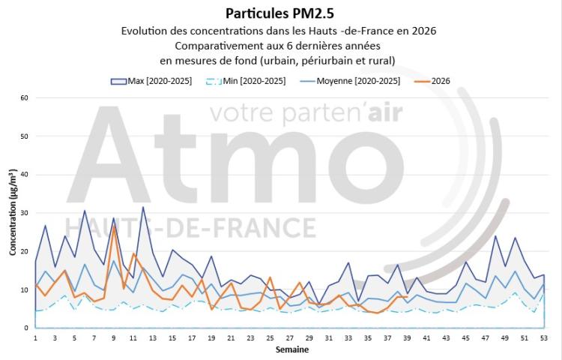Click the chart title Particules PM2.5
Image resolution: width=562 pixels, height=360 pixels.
coord(280,13)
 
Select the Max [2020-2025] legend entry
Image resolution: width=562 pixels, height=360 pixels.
coord(151,81)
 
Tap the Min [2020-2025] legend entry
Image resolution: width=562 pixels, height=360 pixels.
coord(246,81)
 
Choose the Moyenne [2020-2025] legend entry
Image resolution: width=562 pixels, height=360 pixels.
coord(350,81)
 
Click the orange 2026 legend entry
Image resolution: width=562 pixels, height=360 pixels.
coord(432,81)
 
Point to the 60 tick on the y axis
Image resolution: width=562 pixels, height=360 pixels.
coord(25,98)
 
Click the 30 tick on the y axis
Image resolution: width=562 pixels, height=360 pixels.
coord(25,213)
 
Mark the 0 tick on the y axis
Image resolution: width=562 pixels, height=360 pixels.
coord(25,328)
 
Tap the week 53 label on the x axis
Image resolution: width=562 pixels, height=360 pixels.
coord(544,338)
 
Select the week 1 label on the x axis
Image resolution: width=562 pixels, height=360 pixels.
coord(35,338)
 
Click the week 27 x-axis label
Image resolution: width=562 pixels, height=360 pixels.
coord(289,338)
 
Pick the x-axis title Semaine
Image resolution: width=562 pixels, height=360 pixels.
coord(292,349)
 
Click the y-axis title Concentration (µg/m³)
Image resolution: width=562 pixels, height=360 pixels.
coord(13,212)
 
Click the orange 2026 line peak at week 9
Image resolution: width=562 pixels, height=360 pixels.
coord(114,226)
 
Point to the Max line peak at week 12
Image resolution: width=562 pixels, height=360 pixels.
coord(143,207)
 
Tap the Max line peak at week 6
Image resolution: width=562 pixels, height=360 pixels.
coord(84,211)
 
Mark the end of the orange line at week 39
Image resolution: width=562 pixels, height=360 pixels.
coord(407,297)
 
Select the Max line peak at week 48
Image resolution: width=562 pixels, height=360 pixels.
coord(495,236)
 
